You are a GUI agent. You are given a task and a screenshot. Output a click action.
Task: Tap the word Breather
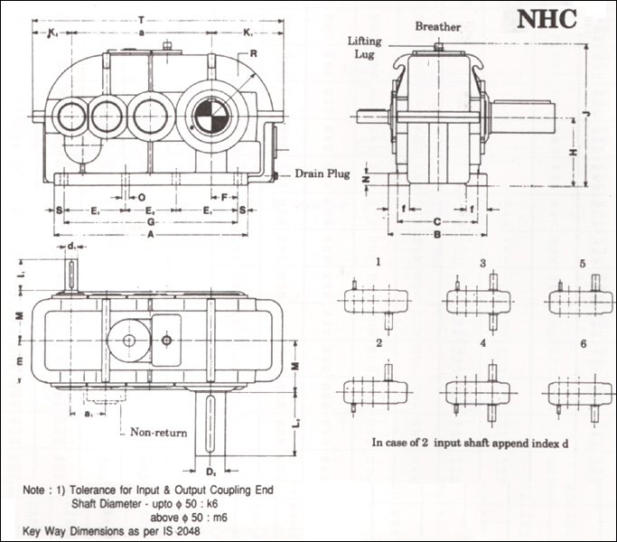[438, 27]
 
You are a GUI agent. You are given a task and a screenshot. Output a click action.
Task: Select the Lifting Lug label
[369, 48]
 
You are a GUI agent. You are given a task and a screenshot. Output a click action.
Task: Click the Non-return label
[159, 431]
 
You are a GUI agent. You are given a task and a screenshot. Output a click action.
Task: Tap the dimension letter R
[255, 54]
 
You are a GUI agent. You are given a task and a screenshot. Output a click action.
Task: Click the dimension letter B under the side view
[436, 234]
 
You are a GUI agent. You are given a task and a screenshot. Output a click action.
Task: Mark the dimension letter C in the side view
[436, 220]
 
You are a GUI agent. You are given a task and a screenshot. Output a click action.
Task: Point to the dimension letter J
[586, 114]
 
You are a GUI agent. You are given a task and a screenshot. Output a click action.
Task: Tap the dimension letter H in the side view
[573, 153]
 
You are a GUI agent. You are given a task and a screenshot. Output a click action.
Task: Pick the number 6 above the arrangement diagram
[583, 344]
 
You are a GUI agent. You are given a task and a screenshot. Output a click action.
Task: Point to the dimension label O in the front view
[143, 195]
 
